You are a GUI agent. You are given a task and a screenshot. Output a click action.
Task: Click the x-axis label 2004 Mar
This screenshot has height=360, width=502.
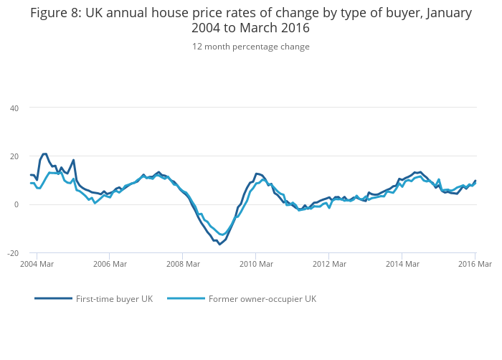36,265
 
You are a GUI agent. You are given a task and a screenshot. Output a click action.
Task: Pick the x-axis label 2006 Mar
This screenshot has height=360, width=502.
109,265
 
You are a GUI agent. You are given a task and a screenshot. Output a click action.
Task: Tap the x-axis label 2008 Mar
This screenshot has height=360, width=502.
182,265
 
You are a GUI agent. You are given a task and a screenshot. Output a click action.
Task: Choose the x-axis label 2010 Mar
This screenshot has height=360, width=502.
256,265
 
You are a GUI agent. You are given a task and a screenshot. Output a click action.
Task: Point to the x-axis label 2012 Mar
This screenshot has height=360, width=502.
329,265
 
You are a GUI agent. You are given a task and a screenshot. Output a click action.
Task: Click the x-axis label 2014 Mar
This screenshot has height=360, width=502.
402,265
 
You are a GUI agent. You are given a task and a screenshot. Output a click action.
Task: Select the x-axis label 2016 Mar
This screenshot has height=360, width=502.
475,265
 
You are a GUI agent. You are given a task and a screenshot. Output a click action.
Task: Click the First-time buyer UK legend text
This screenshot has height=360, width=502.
114,299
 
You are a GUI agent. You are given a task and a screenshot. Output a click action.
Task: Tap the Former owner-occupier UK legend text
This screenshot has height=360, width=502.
262,299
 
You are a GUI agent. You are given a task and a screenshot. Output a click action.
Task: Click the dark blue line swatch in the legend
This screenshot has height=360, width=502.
53,298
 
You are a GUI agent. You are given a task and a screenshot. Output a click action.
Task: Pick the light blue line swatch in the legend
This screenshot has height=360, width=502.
185,298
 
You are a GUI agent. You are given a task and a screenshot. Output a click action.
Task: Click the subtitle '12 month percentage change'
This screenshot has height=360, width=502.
250,47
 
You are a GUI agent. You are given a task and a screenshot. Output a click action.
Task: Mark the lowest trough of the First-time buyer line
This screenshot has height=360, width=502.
219,245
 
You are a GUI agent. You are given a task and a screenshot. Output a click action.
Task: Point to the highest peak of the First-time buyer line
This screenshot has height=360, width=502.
44,153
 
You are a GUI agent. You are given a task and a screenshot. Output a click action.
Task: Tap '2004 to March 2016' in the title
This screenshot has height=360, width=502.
250,29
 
